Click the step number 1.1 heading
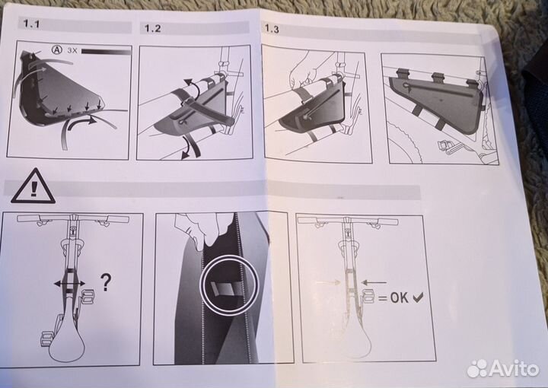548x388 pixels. pos(31,24)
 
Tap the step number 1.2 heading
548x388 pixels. pos(153,28)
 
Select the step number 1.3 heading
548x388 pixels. pos(272,29)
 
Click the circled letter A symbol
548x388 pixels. pos(56,50)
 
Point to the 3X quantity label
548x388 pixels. pos(72,50)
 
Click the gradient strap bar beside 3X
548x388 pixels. pos(106,52)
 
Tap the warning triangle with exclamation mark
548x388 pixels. pos(33,186)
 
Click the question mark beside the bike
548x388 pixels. pos(106,282)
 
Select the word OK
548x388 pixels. pos(399,298)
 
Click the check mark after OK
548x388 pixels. pos(417,297)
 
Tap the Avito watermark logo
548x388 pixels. pos(503,368)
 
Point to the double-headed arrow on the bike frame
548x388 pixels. pos(69,283)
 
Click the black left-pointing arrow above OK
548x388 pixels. pos(374,282)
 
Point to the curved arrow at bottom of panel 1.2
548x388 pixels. pos(190,148)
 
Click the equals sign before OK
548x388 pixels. pos(383,298)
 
